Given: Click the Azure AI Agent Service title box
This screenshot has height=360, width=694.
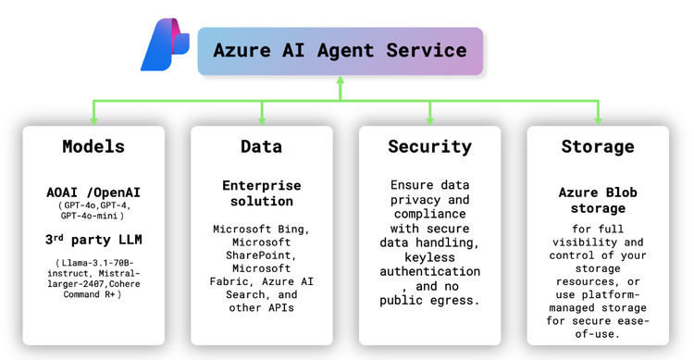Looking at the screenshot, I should (x=340, y=51).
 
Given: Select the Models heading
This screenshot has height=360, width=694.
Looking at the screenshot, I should (x=93, y=147).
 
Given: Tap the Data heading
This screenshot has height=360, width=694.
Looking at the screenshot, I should (x=262, y=147).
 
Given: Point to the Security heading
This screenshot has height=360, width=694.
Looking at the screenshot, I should (x=429, y=147).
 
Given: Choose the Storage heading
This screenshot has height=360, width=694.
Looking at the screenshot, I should (x=598, y=147).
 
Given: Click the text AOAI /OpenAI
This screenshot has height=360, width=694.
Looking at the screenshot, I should (x=93, y=192).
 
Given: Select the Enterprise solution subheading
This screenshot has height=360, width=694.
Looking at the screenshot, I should (x=262, y=192).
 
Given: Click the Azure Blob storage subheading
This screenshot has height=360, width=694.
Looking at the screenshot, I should (x=598, y=200).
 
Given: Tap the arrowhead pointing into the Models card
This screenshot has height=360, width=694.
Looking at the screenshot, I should (x=93, y=119).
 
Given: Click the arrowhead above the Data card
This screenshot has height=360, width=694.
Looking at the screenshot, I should (x=262, y=119).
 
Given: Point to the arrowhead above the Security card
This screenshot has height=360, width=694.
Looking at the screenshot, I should (x=429, y=119).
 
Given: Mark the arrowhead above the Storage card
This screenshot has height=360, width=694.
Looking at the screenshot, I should (x=598, y=119).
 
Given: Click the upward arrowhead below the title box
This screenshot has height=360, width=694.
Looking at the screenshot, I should (x=340, y=81).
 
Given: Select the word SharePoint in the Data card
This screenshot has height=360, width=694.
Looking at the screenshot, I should (x=262, y=254).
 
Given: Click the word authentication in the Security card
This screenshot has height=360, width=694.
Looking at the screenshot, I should (x=429, y=271).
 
